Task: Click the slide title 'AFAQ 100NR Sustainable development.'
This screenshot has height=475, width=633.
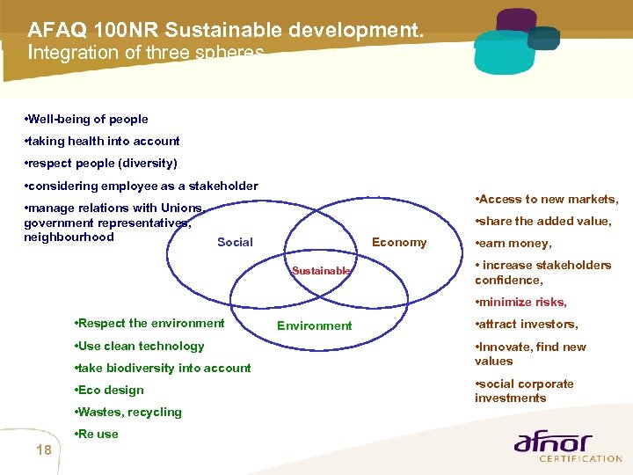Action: coord(226,30)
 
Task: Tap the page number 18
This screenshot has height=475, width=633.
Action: coord(44,450)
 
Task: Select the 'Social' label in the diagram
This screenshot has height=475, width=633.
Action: coord(235,242)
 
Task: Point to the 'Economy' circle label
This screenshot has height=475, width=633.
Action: coord(399,242)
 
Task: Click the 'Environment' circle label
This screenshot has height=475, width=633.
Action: coord(314,325)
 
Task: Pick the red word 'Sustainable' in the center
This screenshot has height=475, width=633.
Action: coord(321,271)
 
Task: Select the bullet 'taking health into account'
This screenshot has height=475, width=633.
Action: coord(102,141)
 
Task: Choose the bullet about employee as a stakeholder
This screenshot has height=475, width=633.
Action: coord(141,186)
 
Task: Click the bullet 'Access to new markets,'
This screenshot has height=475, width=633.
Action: coord(546,199)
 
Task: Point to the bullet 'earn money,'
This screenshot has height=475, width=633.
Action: coord(513,244)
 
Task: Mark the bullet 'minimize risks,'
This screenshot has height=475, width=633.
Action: coord(520,302)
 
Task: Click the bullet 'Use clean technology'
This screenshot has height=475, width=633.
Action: coord(140,346)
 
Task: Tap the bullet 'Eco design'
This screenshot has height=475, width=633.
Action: coord(110,390)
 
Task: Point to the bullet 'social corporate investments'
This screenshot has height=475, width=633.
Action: coord(524,391)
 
